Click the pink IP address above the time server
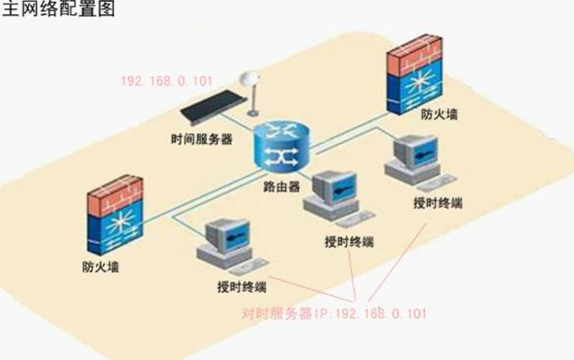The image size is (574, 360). pos(166,81)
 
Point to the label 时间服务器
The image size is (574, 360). pos(201,139)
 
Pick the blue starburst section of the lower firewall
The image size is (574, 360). pos(114,230)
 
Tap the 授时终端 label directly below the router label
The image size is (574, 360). pos(349,242)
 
